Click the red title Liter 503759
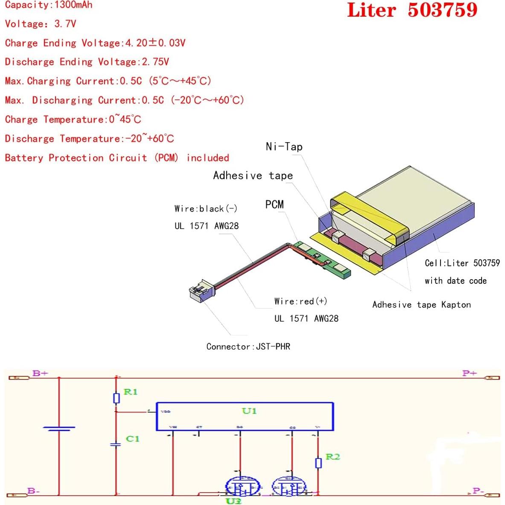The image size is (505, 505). click(412, 10)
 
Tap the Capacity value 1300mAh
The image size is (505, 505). click(73, 5)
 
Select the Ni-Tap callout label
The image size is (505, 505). click(284, 147)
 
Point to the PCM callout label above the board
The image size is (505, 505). click(274, 204)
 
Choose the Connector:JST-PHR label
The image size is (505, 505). click(248, 347)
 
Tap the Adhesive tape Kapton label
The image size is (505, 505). click(421, 305)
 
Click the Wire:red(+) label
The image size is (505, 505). click(301, 301)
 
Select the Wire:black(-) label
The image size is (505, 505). click(206, 209)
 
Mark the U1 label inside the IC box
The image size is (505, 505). click(249, 411)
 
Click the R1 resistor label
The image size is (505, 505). click(130, 392)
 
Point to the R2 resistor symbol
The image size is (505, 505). click(318, 463)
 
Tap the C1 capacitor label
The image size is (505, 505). click(132, 439)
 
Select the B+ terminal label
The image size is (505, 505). click(40, 374)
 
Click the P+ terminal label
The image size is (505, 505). click(469, 374)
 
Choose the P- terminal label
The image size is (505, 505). click(477, 491)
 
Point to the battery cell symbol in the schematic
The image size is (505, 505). click(59, 428)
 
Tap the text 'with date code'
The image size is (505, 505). click(455, 281)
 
